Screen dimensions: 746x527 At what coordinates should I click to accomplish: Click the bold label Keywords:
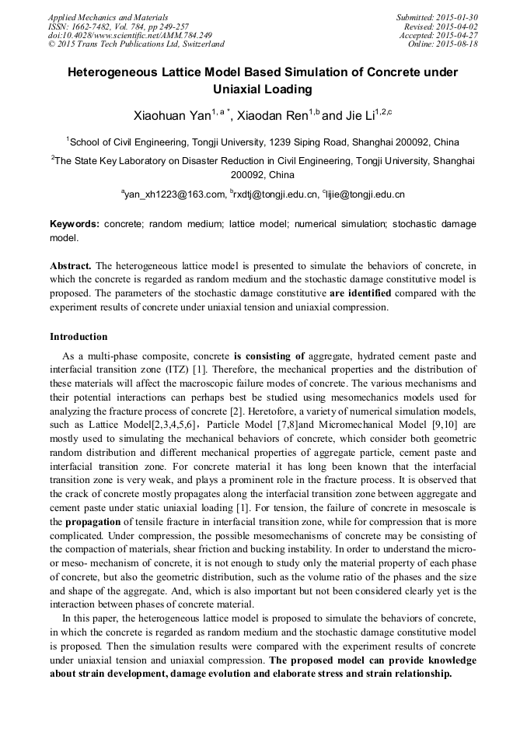[x=75, y=224]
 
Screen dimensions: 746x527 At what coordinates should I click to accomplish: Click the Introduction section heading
[x=79, y=337]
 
